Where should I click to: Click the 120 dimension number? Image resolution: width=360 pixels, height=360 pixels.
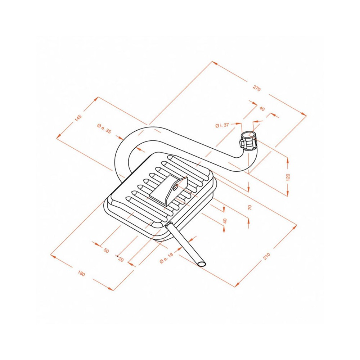pyautogui.click(x=288, y=177)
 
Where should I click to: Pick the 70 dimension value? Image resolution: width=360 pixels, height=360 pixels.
pyautogui.click(x=250, y=207)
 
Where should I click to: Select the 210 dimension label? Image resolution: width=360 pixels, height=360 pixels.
pyautogui.click(x=267, y=256)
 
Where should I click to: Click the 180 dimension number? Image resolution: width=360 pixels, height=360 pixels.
pyautogui.click(x=81, y=274)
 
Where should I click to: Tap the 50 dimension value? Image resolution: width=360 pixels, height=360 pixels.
pyautogui.click(x=106, y=251)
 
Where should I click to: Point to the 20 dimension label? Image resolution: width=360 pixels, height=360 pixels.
pyautogui.click(x=121, y=260)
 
